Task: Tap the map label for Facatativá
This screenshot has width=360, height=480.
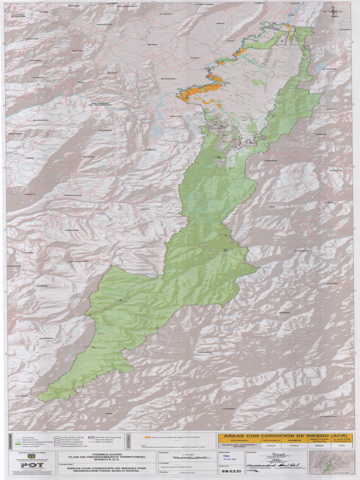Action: [104, 24]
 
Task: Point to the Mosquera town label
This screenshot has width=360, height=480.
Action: [168, 79]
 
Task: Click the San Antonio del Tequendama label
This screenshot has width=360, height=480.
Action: [100, 104]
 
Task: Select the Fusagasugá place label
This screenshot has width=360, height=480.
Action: [73, 195]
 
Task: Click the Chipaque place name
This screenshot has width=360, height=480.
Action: [270, 161]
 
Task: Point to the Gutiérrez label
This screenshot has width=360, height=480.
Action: [301, 251]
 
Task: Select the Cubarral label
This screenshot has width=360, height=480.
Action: [204, 352]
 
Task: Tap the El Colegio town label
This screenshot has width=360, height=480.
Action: [41, 120]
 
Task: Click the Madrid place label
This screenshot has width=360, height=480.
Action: [152, 45]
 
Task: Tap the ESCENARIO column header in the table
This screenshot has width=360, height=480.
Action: [239, 441]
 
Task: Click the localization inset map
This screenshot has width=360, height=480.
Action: [334, 462]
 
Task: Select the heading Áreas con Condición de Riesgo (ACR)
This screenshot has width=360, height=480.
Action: [285, 435]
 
